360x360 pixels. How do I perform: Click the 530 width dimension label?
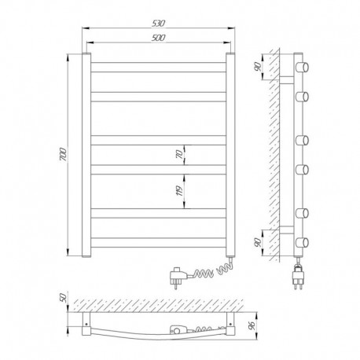(x=158, y=24)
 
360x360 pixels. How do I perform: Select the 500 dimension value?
(x=158, y=38)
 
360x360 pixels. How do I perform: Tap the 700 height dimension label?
(x=64, y=155)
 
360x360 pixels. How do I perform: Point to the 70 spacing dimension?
(x=180, y=155)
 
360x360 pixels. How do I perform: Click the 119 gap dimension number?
(x=180, y=191)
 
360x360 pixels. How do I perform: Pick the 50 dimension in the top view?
(x=64, y=298)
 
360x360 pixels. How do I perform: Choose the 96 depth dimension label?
(x=252, y=325)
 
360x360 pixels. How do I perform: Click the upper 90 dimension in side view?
(x=258, y=67)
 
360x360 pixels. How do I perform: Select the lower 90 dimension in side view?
(x=258, y=242)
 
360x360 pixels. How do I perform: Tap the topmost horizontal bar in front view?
(x=158, y=67)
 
